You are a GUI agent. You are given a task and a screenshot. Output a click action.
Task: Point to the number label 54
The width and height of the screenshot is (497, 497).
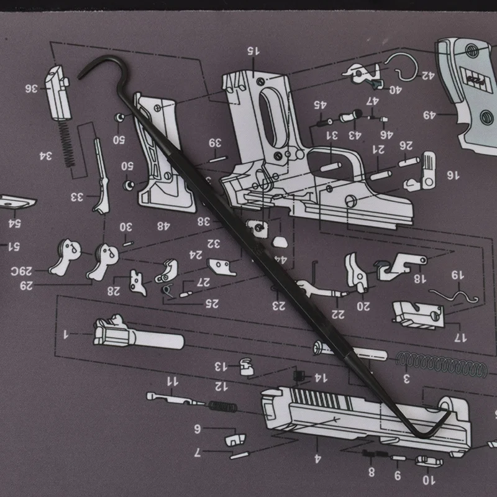pyautogui.click(x=14, y=222)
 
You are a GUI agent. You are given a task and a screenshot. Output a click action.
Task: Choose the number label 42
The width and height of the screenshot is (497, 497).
pyautogui.click(x=427, y=76)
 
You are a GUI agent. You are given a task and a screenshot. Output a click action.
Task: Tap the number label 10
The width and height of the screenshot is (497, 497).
pyautogui.click(x=429, y=480)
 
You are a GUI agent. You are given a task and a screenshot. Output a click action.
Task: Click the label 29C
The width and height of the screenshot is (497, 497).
pyautogui.click(x=20, y=271)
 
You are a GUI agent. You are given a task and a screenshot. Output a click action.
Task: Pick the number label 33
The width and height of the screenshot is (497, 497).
pyautogui.click(x=76, y=197)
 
